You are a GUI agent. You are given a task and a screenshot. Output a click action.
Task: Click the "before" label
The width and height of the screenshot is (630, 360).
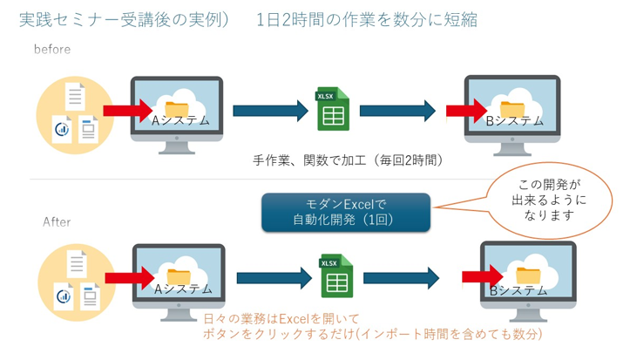tap(52, 50)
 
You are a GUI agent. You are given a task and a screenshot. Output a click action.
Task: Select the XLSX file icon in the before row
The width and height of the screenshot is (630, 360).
tap(332, 111)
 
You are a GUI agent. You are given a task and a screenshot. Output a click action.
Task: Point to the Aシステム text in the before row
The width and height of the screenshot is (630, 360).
tap(181, 120)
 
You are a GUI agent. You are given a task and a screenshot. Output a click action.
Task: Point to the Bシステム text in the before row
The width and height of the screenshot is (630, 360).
tap(514, 120)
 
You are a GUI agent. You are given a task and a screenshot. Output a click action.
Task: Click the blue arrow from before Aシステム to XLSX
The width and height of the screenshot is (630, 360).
tap(271, 111)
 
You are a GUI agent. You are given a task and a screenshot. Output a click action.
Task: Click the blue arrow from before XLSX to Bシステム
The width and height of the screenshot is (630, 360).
tap(397, 111)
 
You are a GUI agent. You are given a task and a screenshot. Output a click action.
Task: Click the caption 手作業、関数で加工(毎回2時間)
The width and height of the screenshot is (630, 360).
tap(348, 160)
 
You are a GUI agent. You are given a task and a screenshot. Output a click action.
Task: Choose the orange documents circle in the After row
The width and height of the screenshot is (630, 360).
tap(76, 277)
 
